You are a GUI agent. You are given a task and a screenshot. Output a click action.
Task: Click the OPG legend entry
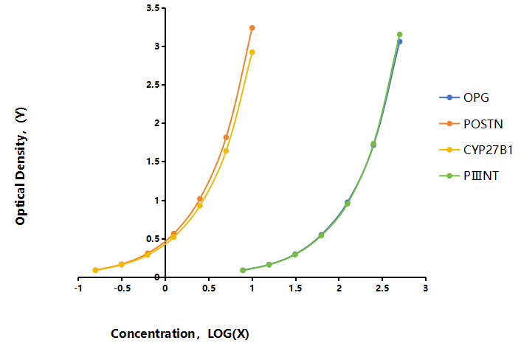point(464,97)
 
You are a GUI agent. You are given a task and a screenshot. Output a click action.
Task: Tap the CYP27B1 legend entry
point(476,150)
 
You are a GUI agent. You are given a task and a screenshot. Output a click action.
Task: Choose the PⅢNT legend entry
point(469,176)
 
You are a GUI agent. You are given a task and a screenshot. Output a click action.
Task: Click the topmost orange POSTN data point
point(252,28)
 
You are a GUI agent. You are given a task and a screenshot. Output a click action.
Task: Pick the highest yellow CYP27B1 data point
point(252,52)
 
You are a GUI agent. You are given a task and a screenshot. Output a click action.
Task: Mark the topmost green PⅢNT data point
point(400,35)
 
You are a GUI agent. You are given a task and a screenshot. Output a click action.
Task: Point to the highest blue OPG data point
point(400,41)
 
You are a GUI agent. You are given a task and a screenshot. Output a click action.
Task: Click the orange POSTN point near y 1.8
point(226,137)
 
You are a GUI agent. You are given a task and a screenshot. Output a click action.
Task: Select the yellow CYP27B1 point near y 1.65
point(226,150)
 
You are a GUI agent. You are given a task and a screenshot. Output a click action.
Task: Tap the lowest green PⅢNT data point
point(243,270)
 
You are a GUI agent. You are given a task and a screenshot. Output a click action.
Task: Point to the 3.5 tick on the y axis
point(163,7)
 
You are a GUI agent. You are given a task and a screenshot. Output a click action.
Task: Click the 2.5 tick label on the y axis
point(153,85)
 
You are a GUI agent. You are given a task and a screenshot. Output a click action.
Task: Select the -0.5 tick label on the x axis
point(122,288)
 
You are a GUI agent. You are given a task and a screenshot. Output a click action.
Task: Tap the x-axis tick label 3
point(426,288)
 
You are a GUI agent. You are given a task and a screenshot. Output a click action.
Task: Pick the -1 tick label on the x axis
point(78,288)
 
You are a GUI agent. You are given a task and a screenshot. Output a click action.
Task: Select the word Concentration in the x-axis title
point(153,333)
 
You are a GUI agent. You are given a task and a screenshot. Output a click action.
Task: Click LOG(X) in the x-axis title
point(228,333)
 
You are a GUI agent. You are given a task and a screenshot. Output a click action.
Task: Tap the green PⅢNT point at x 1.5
point(295,255)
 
